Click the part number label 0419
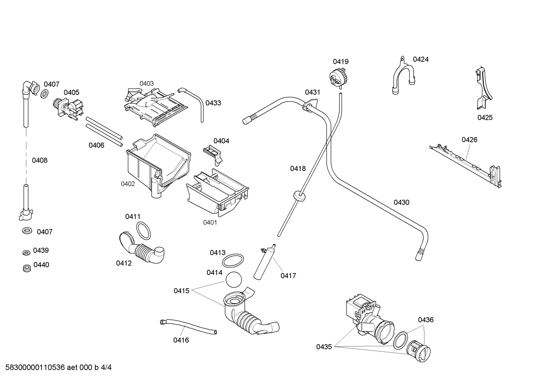tap(340, 62)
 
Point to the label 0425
tap(485, 118)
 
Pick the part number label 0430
tap(401, 202)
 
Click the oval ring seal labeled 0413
tap(233, 260)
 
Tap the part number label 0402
tap(128, 184)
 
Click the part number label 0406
tap(96, 145)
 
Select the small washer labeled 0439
tap(26, 253)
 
